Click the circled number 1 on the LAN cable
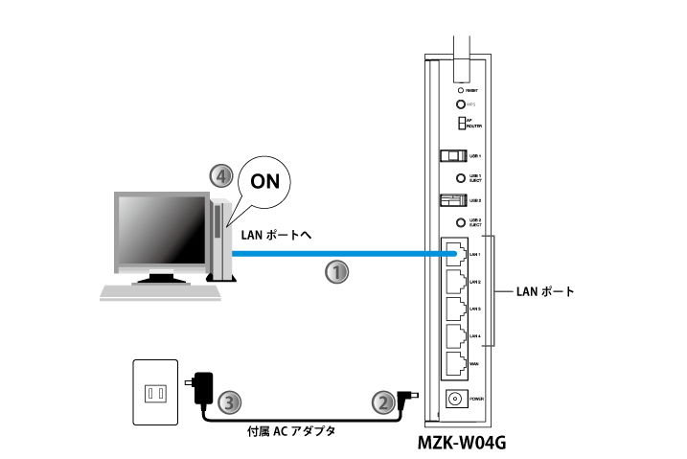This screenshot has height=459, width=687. point(335,272)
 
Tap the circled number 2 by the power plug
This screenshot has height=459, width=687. point(381,402)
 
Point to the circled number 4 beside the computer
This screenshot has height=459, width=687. point(221,176)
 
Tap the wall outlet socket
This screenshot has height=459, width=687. point(154,392)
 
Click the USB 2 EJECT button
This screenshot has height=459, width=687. point(460,221)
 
